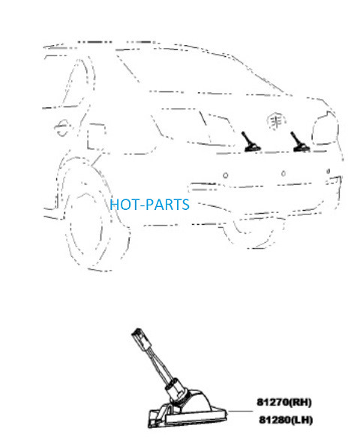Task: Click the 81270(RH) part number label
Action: tap(283, 403)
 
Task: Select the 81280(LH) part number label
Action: tap(286, 420)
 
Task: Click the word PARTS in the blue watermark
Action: tap(167, 205)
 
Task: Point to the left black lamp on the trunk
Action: tap(250, 142)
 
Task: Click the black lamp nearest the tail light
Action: tap(299, 142)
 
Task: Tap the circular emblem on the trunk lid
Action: tap(276, 121)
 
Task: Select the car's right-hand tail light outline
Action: tap(325, 128)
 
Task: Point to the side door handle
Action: tap(62, 128)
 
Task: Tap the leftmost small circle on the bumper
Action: tap(226, 175)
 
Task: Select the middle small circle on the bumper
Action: tap(283, 174)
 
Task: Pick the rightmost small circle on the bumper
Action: tap(328, 171)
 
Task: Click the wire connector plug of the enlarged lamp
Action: tap(139, 338)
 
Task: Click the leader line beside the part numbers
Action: tap(241, 411)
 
